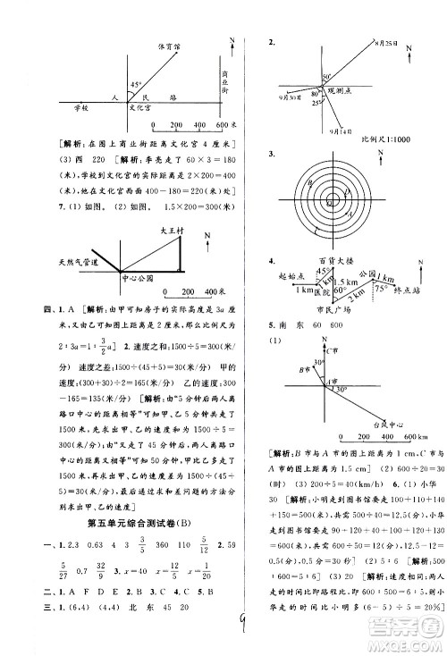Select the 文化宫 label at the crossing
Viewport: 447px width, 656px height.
[141, 108]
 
